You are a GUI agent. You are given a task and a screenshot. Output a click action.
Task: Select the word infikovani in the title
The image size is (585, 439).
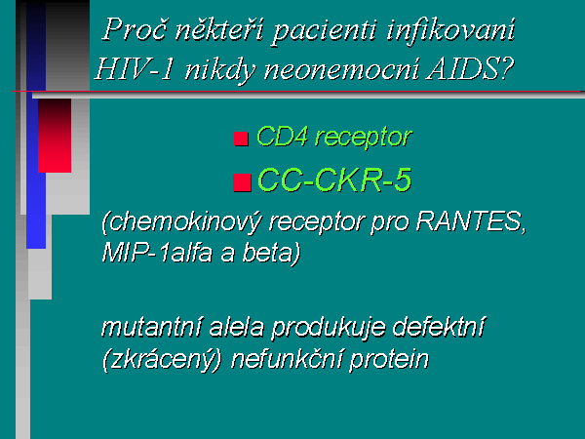[451, 30]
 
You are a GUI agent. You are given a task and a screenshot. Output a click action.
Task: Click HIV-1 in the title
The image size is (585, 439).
[135, 69]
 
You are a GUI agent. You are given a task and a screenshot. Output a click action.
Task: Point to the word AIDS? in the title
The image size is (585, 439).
[471, 68]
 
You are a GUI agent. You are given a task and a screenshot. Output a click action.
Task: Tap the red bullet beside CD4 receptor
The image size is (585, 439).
[241, 139]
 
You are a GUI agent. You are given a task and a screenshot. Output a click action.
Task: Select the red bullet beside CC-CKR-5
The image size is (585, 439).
[242, 182]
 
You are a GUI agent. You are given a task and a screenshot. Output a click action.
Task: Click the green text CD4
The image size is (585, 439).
[283, 136]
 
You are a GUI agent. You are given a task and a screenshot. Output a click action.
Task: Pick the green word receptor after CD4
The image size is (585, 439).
[364, 139]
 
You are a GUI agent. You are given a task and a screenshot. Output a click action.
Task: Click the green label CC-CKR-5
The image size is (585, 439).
[335, 180]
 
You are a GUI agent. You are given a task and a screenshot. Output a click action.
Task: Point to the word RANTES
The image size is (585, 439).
[471, 221]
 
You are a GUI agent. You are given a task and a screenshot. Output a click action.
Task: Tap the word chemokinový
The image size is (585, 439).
[182, 222]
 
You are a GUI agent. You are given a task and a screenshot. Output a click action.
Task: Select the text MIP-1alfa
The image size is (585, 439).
[157, 253]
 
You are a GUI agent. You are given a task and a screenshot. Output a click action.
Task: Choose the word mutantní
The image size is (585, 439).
[152, 327]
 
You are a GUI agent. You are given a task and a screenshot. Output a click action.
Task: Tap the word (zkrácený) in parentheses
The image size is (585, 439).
[162, 360]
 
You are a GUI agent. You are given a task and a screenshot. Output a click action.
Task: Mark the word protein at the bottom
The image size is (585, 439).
[389, 360]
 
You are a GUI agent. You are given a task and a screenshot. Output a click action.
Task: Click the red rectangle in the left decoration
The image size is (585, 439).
[55, 136]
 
